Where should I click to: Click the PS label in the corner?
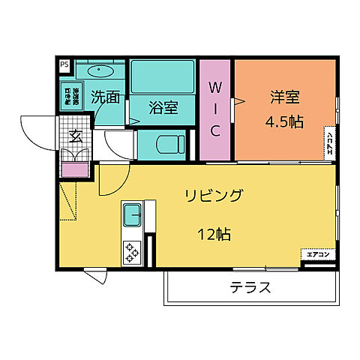point(64,65)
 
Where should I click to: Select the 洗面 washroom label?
point(106,97)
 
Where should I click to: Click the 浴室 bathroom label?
point(162,107)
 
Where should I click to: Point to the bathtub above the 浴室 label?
point(162,76)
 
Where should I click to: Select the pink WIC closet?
point(215,109)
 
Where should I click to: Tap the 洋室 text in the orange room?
point(284,97)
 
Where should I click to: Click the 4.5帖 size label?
point(285,121)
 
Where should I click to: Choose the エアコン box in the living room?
point(318,254)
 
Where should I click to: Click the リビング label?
point(214,196)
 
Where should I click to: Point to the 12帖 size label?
point(214,234)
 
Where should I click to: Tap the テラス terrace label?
point(250,287)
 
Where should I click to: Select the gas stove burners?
point(132,251)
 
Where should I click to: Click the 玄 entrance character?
point(76,136)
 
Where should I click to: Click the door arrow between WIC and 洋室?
point(239,101)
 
